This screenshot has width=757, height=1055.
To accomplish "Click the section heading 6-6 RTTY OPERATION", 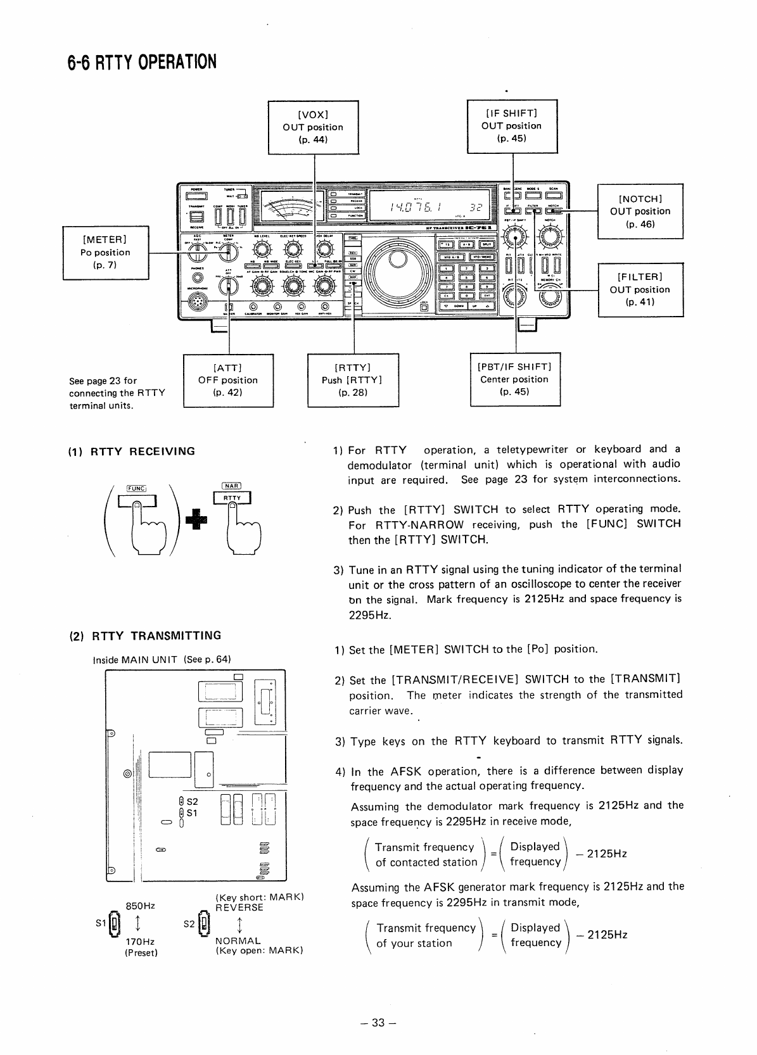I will (x=142, y=62).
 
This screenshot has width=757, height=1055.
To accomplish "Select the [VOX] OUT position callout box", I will (x=313, y=127).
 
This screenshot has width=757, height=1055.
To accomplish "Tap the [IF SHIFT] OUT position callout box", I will (x=512, y=126).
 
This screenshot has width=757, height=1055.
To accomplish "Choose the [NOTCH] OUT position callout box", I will (x=640, y=212).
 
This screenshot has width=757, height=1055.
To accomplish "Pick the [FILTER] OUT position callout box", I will (x=640, y=289).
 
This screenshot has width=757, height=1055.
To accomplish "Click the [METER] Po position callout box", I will (x=106, y=252).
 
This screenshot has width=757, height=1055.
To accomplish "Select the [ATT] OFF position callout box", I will (x=228, y=380).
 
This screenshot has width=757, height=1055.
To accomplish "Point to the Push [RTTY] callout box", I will (x=352, y=380).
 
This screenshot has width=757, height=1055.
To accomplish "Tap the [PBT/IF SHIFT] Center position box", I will (x=514, y=379).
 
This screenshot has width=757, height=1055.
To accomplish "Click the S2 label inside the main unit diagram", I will (x=192, y=801).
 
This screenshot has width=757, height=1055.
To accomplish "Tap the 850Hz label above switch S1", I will (x=141, y=906).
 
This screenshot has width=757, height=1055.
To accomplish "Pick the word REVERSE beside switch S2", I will (x=239, y=907).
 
